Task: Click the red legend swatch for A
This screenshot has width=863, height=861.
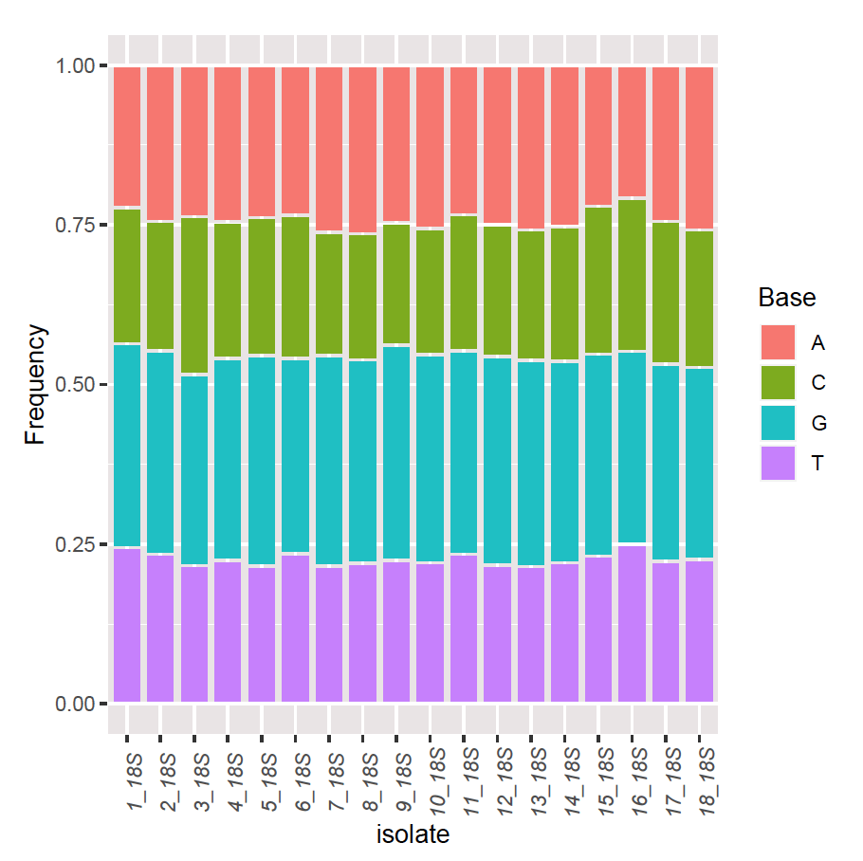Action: tap(777, 341)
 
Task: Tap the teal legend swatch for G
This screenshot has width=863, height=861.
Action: tap(777, 424)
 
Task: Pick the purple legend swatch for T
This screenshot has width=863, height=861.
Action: tap(777, 465)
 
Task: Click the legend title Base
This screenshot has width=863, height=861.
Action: tap(786, 298)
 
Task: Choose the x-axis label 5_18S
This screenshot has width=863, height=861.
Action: tap(262, 778)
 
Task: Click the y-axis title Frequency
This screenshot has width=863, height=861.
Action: tap(35, 384)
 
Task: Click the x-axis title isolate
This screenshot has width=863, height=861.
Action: tap(413, 835)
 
